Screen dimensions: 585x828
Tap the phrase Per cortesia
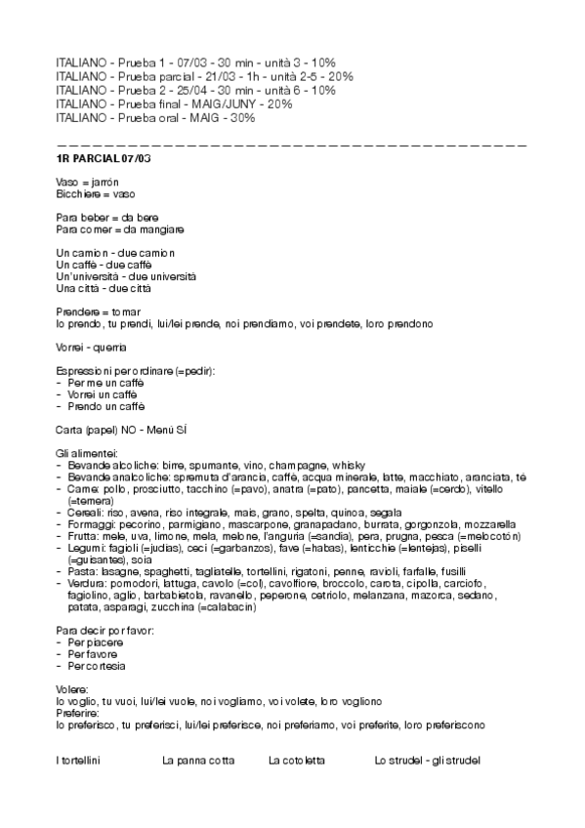tap(97, 666)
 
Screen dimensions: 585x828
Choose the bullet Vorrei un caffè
tap(106, 393)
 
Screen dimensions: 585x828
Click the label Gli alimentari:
tap(88, 454)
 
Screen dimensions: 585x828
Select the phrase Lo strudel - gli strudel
tap(427, 760)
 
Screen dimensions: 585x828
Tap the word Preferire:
tap(77, 714)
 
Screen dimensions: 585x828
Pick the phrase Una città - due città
tap(104, 288)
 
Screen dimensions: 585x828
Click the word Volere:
tap(72, 690)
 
